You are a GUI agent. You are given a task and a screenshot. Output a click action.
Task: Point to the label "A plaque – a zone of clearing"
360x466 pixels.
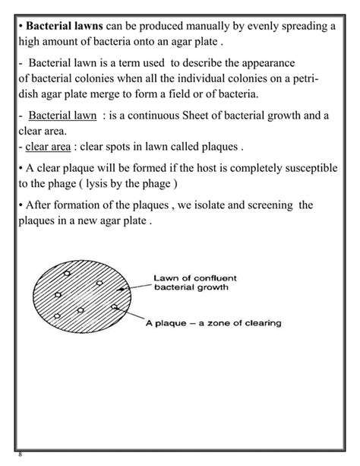(x=214, y=323)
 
